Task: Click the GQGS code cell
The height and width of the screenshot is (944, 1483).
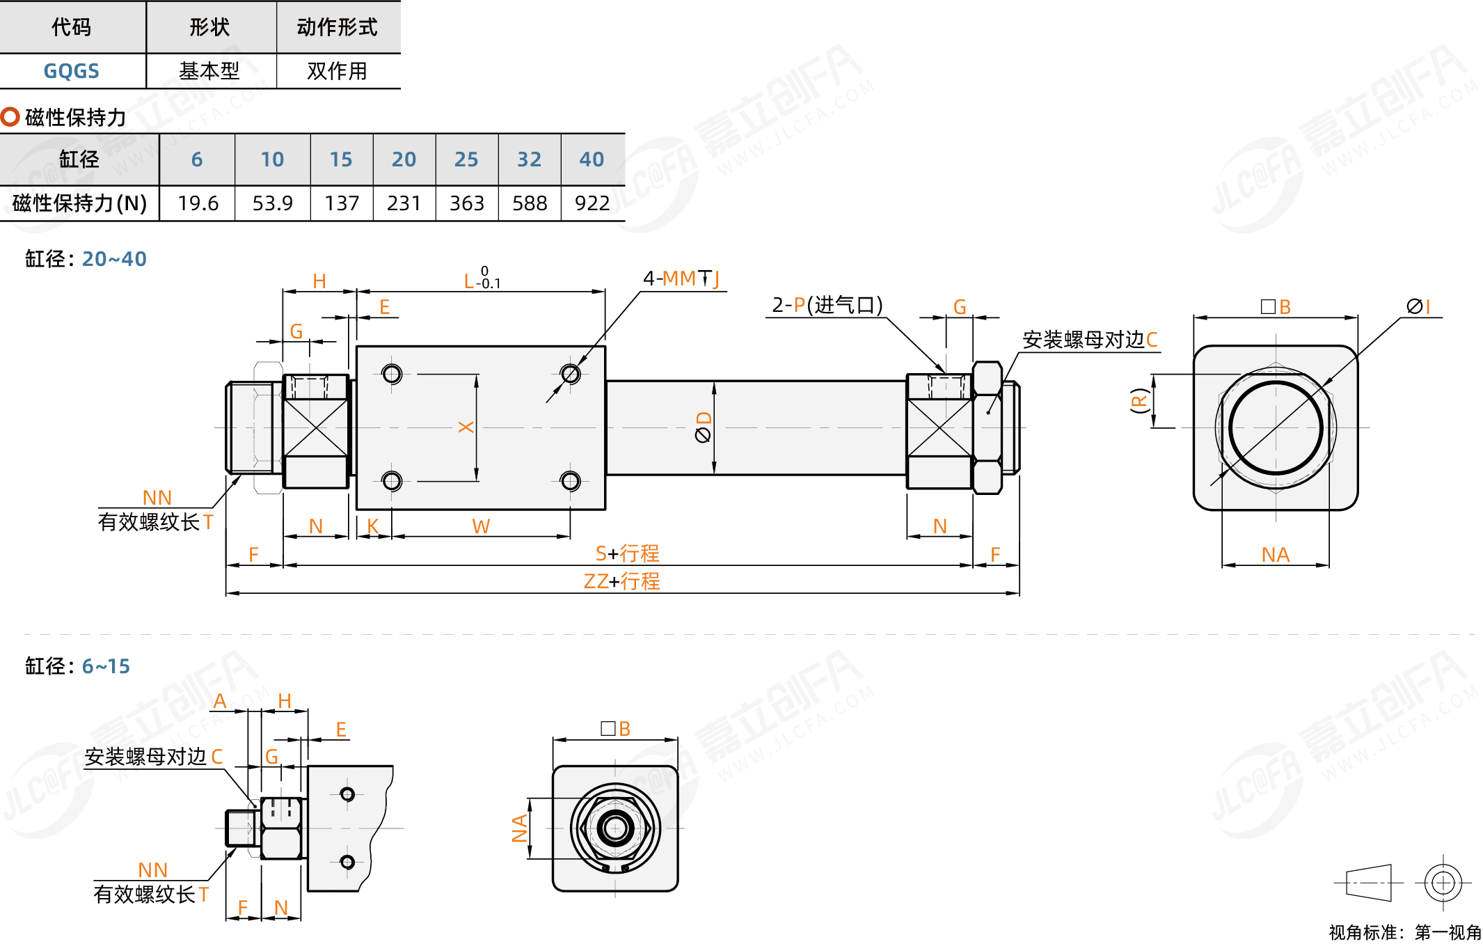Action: pos(71,71)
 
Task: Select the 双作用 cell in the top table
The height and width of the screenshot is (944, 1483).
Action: pos(337,71)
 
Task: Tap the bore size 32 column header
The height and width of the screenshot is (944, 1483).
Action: pos(529,159)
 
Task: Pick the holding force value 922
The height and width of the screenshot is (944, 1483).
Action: pos(592,203)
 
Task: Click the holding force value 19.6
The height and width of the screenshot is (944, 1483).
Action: pos(198,203)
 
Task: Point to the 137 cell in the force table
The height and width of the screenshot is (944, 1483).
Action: pos(342,203)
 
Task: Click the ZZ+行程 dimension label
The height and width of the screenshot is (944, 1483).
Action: pos(621,581)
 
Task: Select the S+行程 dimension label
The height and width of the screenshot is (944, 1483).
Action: pos(626,553)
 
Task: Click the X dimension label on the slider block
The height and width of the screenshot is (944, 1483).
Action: pos(466,427)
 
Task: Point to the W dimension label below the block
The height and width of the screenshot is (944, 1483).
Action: pos(481,526)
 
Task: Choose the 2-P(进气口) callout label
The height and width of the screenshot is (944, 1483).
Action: pos(827,305)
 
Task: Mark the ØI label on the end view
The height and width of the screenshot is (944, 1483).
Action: pos(1418,306)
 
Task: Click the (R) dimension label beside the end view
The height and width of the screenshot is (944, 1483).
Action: pos(1139,401)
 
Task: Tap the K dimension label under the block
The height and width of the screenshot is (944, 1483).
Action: pos(373,526)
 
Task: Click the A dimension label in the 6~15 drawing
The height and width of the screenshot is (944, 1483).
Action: pos(220,701)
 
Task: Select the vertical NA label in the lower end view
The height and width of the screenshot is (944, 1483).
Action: pos(519,828)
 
